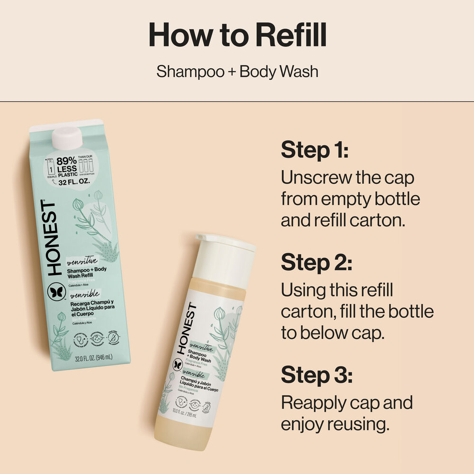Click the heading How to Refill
237,34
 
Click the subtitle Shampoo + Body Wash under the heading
237,72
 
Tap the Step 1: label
315,150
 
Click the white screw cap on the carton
67,138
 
